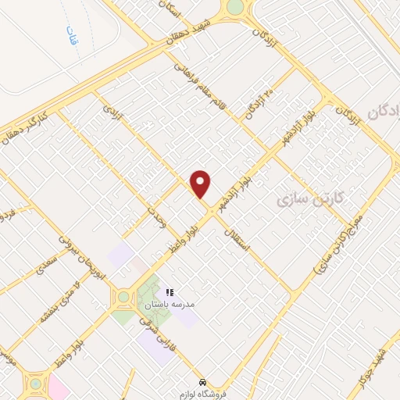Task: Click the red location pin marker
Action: [x=201, y=184]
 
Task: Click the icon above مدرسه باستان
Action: [x=170, y=292]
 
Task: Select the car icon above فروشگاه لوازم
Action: [x=203, y=382]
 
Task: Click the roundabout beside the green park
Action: [x=123, y=298]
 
